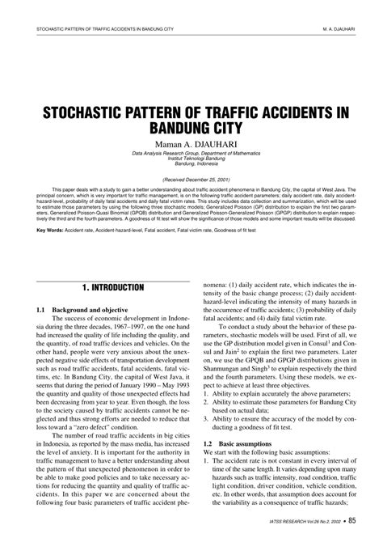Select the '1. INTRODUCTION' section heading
[112, 287]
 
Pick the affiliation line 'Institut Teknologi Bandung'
[191, 159]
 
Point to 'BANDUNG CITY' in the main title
[191, 128]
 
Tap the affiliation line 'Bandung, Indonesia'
[191, 163]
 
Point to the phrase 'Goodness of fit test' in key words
[266, 229]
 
